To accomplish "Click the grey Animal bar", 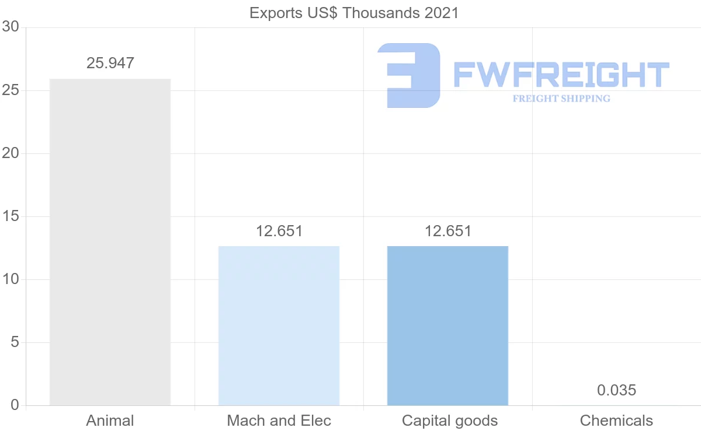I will [x=110, y=241].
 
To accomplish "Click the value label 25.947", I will [x=110, y=63].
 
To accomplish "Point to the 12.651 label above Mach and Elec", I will [x=279, y=231].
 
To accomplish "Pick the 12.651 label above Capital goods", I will [x=447, y=231].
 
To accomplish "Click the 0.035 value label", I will [x=616, y=390].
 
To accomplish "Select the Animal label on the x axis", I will [x=110, y=421].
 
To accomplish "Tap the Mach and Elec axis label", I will [x=279, y=421].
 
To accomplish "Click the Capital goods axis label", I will [x=449, y=421].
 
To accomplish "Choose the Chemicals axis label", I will [x=616, y=421].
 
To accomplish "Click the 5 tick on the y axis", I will [x=15, y=342].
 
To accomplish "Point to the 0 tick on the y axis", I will [x=15, y=405].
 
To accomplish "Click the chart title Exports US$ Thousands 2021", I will [x=354, y=13].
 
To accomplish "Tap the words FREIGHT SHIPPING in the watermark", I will [x=561, y=99].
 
